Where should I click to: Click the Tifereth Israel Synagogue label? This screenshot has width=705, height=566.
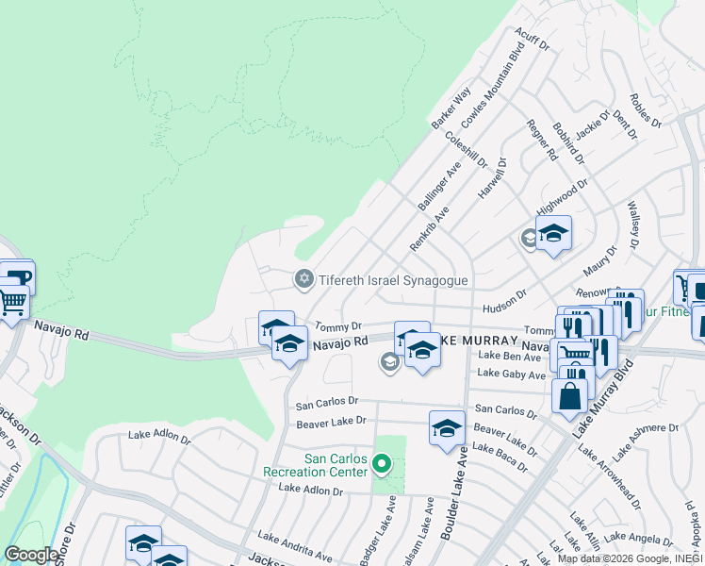pos(393,280)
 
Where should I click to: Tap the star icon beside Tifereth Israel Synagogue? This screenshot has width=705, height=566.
pos(303,279)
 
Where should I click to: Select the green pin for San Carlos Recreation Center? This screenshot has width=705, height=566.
pos(382,463)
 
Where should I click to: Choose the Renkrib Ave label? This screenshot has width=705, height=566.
pos(429,228)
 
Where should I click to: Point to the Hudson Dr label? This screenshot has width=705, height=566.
pos(503,301)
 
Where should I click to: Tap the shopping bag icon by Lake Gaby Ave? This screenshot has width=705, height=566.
pos(569,397)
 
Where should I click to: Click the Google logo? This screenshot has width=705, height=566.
pos(32,555)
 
